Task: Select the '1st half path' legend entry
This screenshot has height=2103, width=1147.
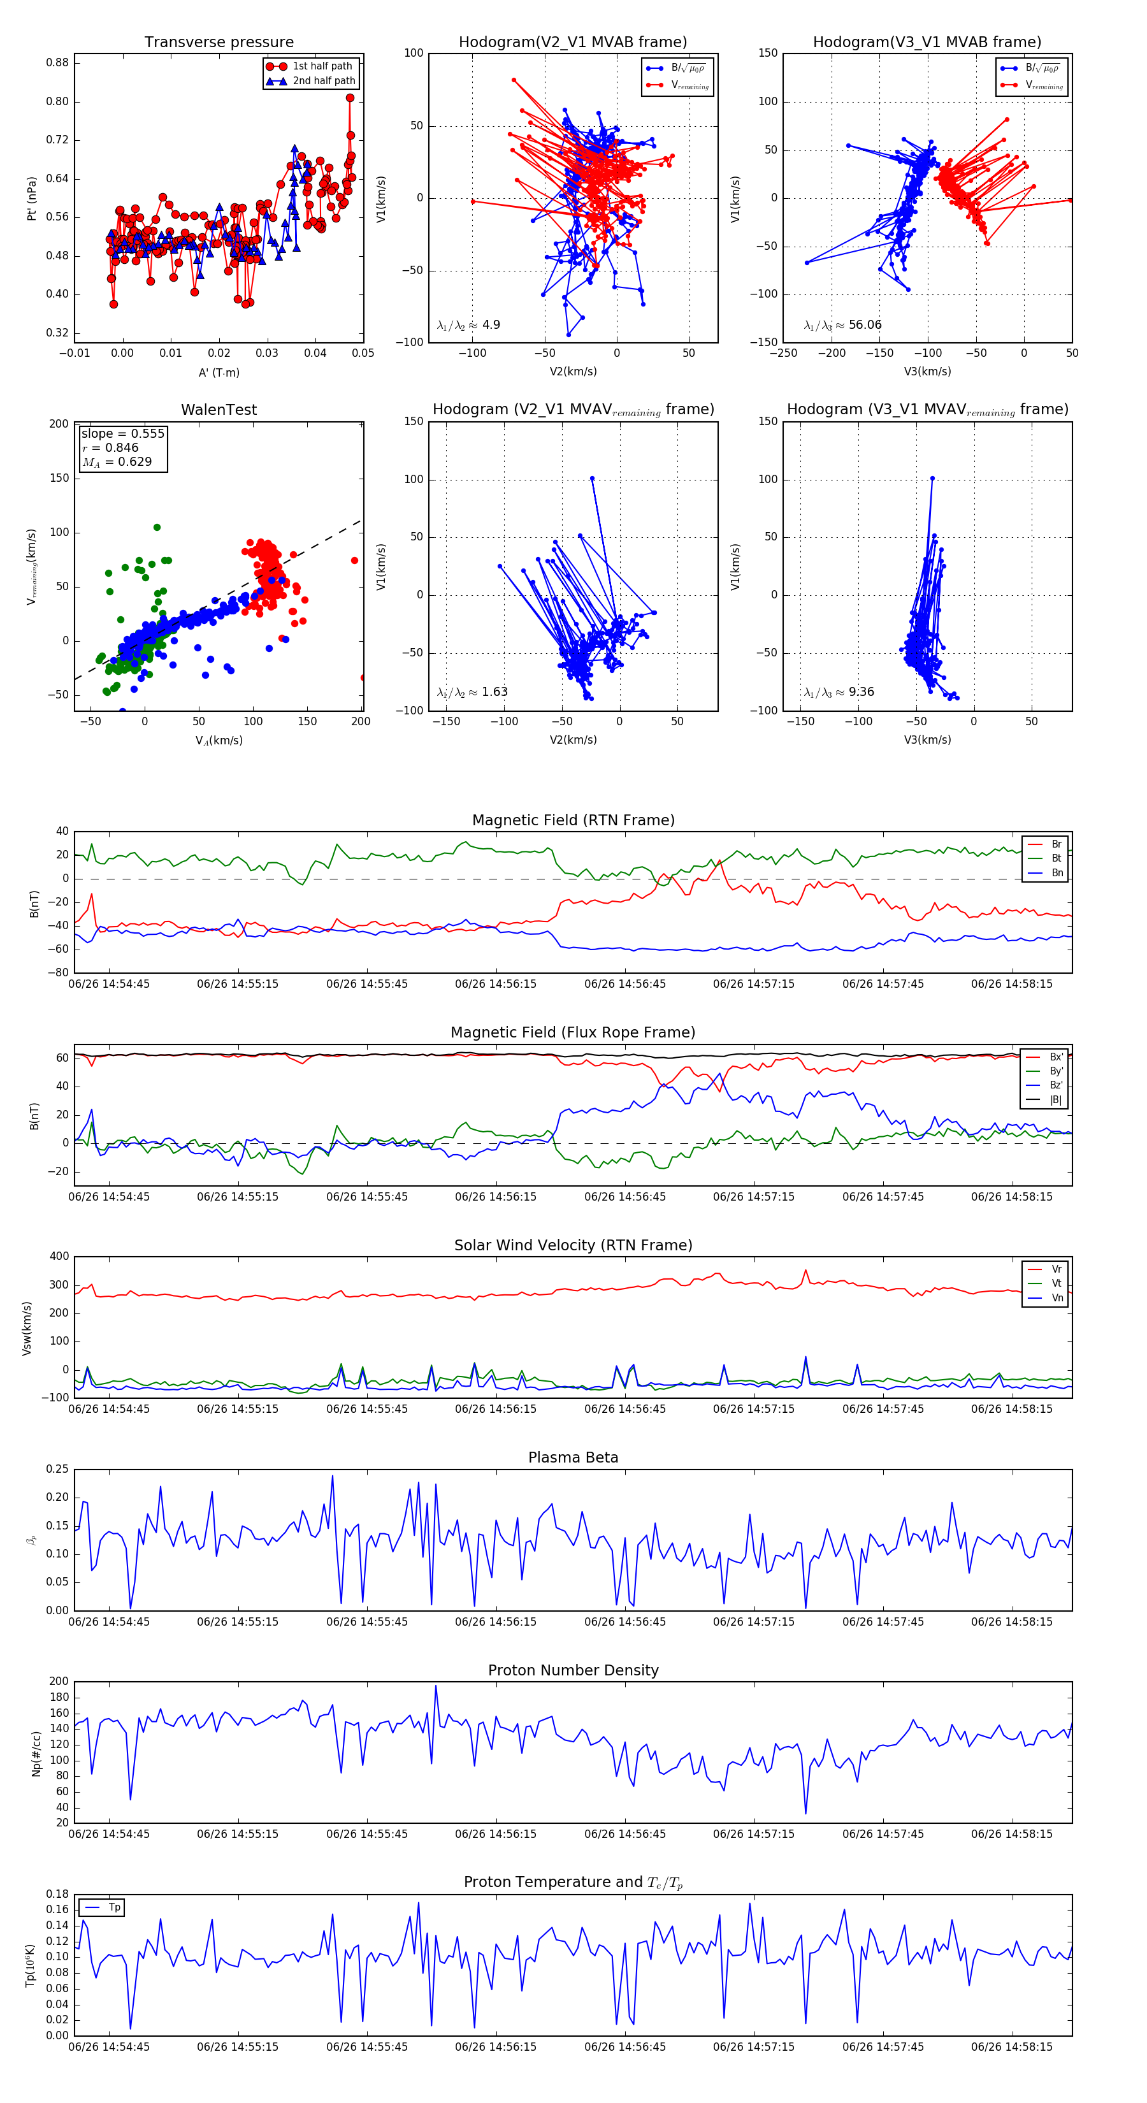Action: (x=322, y=66)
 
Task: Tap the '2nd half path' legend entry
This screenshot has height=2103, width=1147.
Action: (x=323, y=81)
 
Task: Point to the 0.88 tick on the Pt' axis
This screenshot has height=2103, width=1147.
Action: (x=57, y=63)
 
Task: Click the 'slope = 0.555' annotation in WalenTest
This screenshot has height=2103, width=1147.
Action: (x=122, y=433)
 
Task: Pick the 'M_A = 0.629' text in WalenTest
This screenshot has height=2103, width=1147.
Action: (x=117, y=462)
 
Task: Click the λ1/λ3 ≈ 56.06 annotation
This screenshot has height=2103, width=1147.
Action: (x=842, y=325)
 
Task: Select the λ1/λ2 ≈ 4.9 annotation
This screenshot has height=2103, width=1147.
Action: (x=468, y=325)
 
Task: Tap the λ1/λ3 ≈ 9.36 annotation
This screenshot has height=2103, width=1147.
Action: (x=839, y=692)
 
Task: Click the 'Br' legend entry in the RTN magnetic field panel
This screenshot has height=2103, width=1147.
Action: (x=1056, y=844)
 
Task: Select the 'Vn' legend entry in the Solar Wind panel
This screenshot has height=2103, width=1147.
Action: (x=1057, y=1298)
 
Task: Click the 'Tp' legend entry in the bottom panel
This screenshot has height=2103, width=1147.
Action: (x=114, y=1907)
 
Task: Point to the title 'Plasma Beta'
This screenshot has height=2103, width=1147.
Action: (x=573, y=1457)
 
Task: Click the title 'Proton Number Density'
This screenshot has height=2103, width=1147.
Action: (x=573, y=1670)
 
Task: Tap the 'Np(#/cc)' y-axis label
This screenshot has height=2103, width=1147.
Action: (x=36, y=1754)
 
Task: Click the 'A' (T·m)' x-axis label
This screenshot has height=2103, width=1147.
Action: (x=219, y=372)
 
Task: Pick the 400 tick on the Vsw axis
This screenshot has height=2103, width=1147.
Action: (x=59, y=1257)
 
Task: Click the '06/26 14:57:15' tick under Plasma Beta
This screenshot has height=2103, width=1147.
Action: (x=753, y=1621)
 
